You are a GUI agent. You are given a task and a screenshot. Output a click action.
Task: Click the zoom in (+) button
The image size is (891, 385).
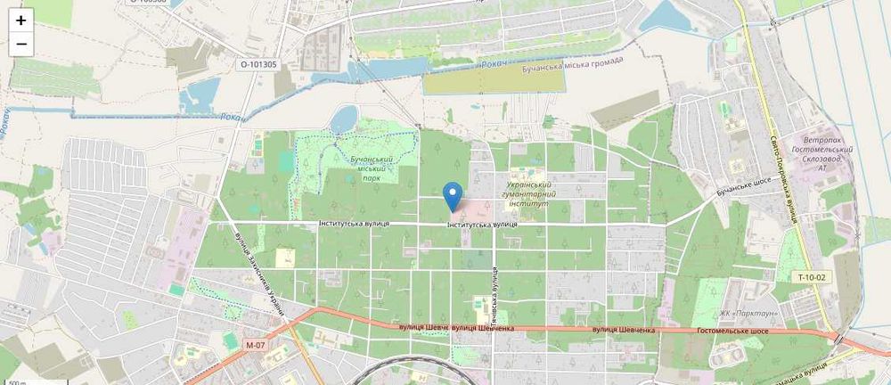click(x=21, y=20)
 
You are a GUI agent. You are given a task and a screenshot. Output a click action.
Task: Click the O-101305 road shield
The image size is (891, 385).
click(x=258, y=64)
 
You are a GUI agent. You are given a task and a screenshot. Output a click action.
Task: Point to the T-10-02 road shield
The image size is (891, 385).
click(x=812, y=277)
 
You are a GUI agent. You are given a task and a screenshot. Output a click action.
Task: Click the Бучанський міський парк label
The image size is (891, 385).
click(x=366, y=167)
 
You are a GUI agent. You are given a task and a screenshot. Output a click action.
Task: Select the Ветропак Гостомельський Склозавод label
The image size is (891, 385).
click(x=828, y=153)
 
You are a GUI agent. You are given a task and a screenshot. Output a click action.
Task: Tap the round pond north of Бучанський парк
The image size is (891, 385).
click(x=344, y=118)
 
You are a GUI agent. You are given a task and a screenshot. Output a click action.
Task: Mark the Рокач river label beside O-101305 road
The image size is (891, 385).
click(x=230, y=117)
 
